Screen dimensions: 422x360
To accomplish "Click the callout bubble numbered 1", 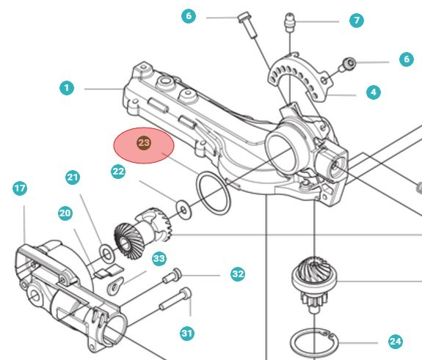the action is [x=67, y=88].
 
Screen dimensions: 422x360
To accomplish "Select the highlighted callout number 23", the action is [x=144, y=142].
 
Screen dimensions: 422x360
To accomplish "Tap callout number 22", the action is [x=118, y=171].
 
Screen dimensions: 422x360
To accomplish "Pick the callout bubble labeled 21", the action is [x=73, y=177].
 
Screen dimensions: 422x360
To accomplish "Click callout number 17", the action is [x=20, y=188].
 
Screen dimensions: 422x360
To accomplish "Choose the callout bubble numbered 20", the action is [x=65, y=213].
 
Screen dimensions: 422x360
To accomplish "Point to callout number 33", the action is [x=159, y=259].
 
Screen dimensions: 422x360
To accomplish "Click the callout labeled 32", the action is [x=238, y=274].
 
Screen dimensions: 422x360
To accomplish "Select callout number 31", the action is [x=187, y=334].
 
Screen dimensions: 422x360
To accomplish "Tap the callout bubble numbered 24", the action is [x=396, y=342].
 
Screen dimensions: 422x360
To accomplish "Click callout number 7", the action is [x=357, y=21].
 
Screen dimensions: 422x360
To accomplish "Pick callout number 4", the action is [x=374, y=92].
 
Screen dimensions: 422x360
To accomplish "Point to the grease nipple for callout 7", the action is [x=289, y=22].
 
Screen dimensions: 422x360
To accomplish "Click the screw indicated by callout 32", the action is [x=172, y=276].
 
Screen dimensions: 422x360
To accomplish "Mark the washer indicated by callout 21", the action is [x=107, y=253].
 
